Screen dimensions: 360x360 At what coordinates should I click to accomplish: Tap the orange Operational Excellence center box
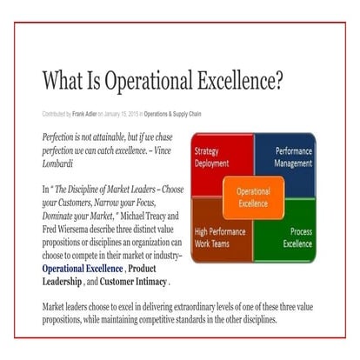pos(253,197)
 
